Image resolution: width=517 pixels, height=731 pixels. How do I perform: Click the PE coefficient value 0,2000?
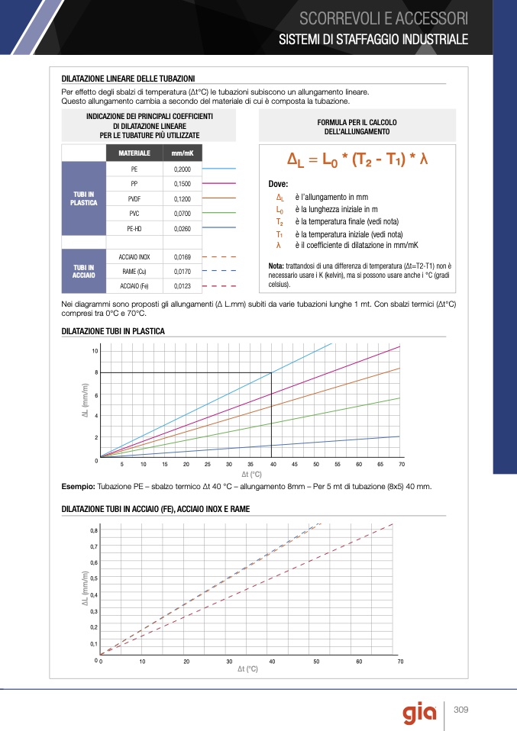[x=182, y=169]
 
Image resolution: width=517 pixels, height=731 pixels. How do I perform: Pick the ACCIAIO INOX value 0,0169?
[x=182, y=257]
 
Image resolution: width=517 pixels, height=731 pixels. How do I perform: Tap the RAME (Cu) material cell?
[x=134, y=272]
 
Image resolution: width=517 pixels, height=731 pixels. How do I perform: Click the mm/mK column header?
[x=182, y=153]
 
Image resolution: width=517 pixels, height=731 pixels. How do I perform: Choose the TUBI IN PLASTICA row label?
[x=83, y=198]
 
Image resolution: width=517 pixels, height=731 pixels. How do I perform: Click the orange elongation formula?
[x=357, y=161]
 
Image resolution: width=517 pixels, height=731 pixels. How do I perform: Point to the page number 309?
[x=460, y=710]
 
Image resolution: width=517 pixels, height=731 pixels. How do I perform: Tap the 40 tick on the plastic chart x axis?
[x=273, y=465]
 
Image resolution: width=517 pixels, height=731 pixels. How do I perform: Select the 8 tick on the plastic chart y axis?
[x=96, y=372]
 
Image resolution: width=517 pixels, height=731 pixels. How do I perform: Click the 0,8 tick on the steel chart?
[x=94, y=530]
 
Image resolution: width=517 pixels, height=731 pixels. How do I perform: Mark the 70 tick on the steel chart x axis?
[x=400, y=662]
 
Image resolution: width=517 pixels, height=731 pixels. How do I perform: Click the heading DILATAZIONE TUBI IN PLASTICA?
[x=113, y=331]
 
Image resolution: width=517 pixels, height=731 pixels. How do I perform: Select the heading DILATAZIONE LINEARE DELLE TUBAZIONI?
[x=128, y=78]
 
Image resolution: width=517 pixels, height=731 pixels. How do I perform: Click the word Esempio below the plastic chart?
[x=77, y=486]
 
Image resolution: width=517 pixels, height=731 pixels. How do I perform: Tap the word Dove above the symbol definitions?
[x=279, y=185]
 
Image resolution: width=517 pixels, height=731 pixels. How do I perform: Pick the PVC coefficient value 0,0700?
[x=182, y=214]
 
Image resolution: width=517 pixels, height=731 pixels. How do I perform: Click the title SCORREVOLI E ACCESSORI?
[x=383, y=18]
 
